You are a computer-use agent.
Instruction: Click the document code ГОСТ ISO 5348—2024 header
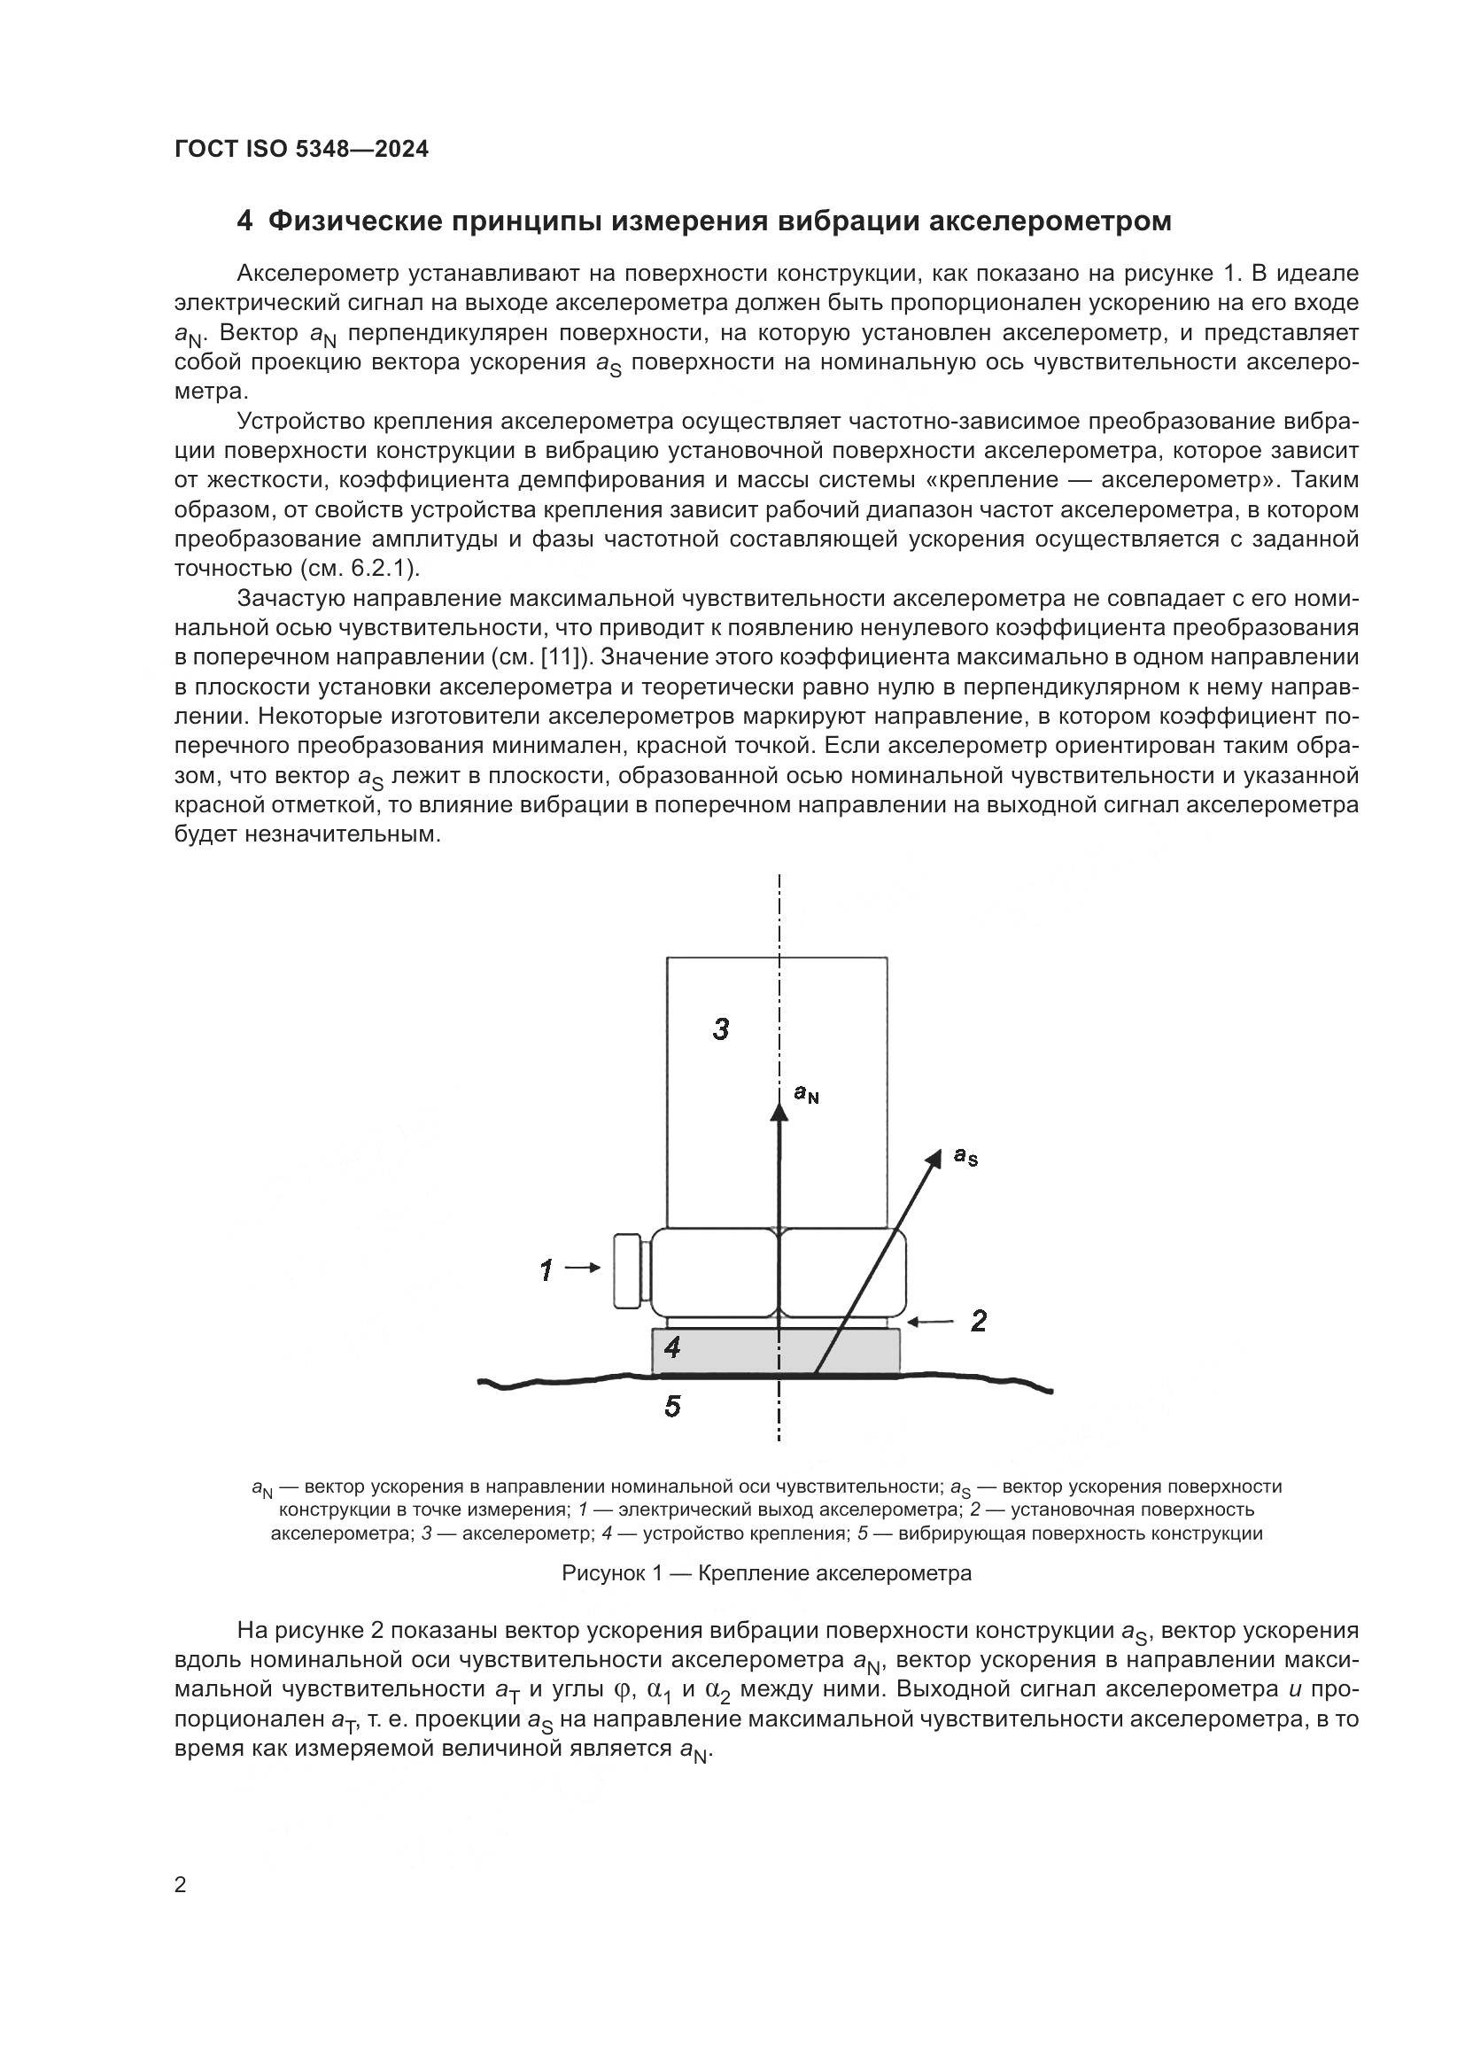(x=301, y=150)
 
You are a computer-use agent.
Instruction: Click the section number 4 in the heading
(x=244, y=221)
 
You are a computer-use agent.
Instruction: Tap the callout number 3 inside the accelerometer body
(x=721, y=1028)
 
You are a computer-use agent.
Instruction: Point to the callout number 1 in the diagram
(x=546, y=1270)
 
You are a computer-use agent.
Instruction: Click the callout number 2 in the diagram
(x=979, y=1321)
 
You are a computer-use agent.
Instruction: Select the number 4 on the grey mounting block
(x=672, y=1348)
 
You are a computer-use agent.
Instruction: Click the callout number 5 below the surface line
(x=672, y=1406)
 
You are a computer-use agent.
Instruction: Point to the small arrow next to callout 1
(x=583, y=1268)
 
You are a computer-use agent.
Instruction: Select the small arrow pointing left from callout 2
(x=930, y=1322)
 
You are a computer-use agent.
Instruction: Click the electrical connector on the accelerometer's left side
(x=629, y=1270)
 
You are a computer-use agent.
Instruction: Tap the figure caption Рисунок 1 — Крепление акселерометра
(x=767, y=1573)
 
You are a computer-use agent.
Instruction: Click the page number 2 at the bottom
(x=181, y=1885)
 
